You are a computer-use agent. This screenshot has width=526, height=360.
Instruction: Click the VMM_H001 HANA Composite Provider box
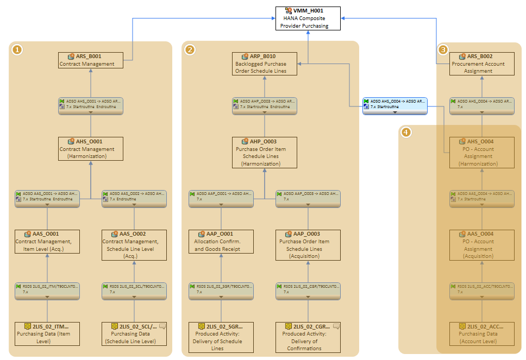click(308, 18)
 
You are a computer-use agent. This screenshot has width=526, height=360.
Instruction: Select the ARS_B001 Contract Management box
click(91, 60)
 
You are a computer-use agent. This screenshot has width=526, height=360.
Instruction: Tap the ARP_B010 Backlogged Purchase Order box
click(265, 64)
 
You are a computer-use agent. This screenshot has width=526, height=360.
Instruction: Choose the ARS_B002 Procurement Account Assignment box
click(481, 64)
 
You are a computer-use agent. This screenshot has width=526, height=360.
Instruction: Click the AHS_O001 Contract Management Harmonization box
click(91, 148)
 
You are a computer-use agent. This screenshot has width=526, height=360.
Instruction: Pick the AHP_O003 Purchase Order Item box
click(265, 152)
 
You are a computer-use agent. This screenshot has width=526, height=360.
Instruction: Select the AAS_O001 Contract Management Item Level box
click(47, 241)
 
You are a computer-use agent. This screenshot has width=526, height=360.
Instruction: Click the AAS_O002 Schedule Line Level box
click(134, 245)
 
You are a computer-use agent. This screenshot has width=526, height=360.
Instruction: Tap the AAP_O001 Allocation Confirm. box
click(221, 241)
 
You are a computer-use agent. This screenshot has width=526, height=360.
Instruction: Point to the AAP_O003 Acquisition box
click(308, 245)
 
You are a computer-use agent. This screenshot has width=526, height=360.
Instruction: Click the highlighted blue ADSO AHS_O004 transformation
click(395, 106)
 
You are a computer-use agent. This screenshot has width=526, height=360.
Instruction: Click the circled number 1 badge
click(17, 50)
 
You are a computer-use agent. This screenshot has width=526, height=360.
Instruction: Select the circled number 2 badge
click(190, 50)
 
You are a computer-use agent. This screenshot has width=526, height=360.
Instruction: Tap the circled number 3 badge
click(443, 50)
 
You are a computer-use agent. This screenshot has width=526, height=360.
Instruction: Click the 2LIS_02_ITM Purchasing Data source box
click(47, 333)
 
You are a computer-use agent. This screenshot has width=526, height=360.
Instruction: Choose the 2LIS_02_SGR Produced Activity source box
click(221, 337)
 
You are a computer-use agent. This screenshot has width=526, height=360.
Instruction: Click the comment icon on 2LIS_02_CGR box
click(336, 326)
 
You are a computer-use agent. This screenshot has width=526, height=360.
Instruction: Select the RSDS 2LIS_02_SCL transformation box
click(134, 290)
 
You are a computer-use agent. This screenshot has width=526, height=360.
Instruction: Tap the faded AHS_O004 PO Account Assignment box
click(481, 152)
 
